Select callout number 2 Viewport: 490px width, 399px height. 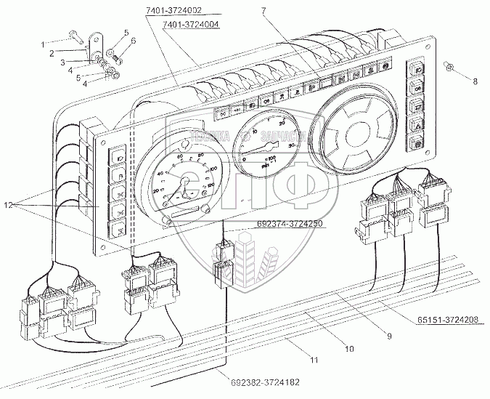[x=52, y=53]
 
